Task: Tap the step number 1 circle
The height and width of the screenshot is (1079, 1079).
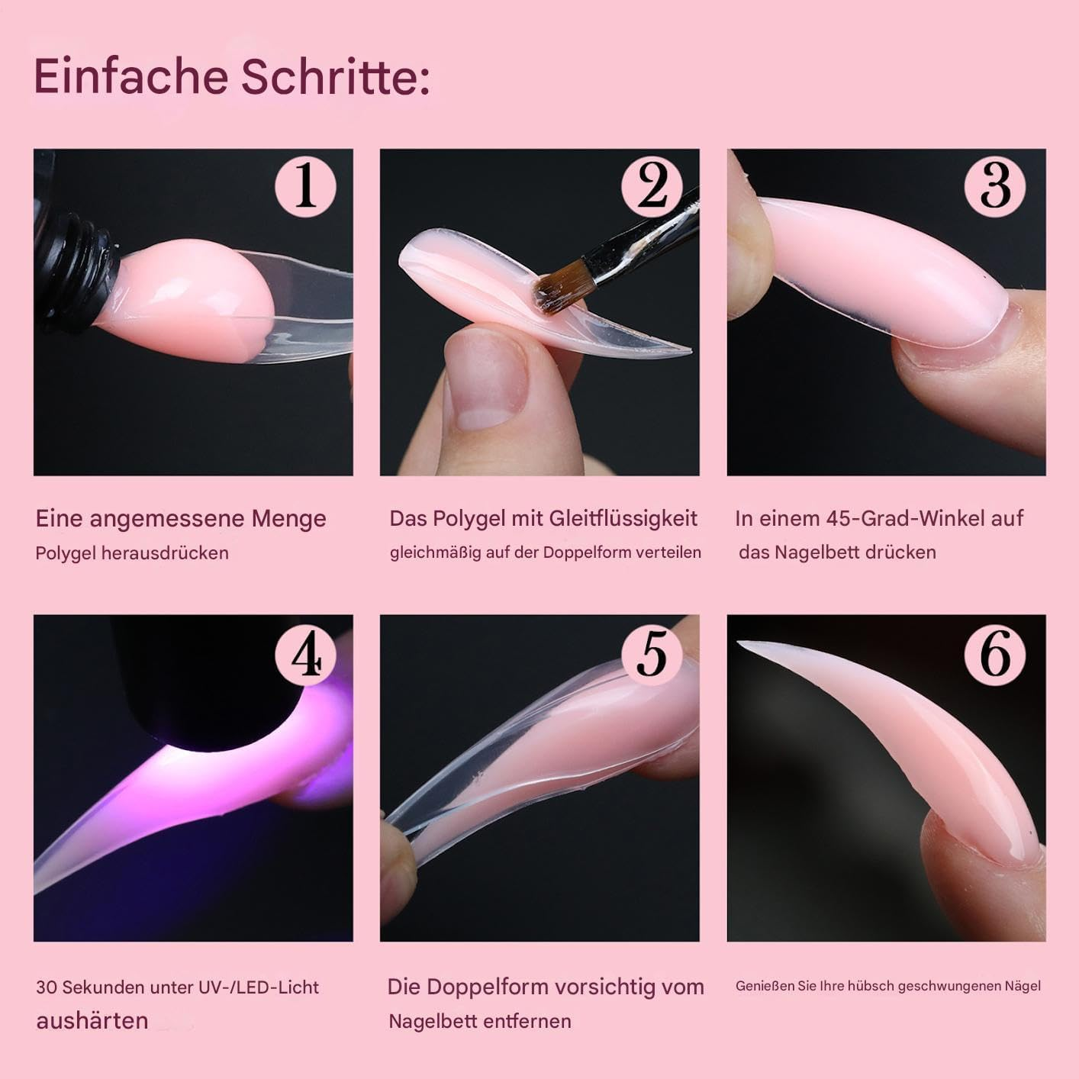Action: pyautogui.click(x=305, y=185)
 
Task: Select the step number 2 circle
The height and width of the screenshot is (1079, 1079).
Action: pyautogui.click(x=652, y=185)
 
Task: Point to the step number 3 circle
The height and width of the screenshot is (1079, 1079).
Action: pyautogui.click(x=995, y=185)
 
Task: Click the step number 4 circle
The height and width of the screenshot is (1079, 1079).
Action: pyautogui.click(x=305, y=654)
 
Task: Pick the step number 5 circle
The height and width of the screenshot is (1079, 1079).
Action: pyautogui.click(x=652, y=654)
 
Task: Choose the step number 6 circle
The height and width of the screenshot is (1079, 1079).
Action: pyautogui.click(x=995, y=654)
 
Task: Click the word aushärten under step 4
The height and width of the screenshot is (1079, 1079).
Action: pyautogui.click(x=92, y=1021)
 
